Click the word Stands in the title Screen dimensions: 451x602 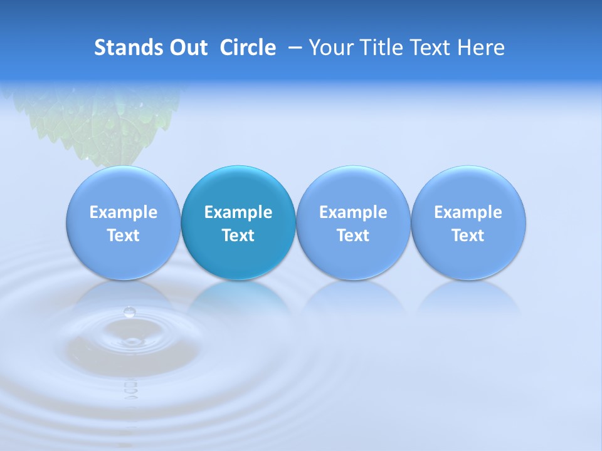(x=129, y=48)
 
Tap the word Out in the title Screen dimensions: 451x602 (x=188, y=48)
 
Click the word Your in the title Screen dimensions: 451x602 (x=332, y=48)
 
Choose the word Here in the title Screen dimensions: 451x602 (x=481, y=48)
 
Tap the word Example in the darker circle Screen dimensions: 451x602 (x=238, y=212)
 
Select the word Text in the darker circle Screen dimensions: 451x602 (x=238, y=236)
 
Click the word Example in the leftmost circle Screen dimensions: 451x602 (x=124, y=212)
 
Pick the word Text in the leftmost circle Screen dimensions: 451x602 (x=124, y=236)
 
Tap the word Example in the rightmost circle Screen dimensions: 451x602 (x=468, y=212)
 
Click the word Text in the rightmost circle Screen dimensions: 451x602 (x=468, y=236)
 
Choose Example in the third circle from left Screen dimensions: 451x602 (x=353, y=212)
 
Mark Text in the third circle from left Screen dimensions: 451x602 (x=353, y=236)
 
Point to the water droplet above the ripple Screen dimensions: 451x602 (x=129, y=312)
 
